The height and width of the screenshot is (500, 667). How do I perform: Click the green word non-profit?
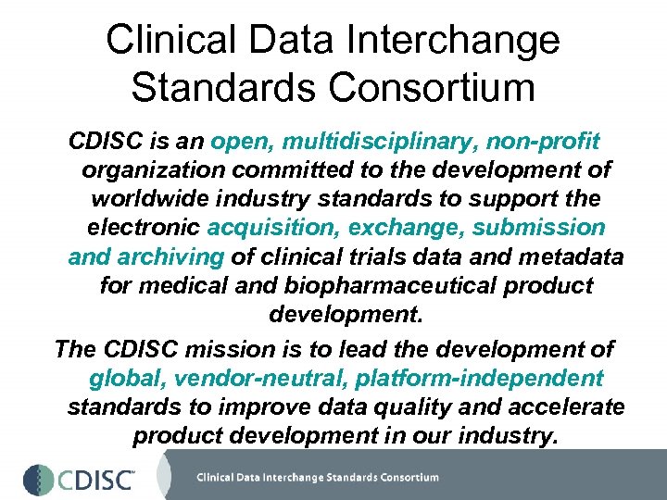[x=539, y=142]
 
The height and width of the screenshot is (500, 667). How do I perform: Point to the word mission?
[x=258, y=349]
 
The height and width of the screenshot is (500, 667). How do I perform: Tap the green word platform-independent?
[x=480, y=378]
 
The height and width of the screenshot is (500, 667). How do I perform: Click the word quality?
[x=410, y=406]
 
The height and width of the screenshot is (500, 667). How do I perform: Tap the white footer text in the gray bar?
[x=317, y=478]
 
